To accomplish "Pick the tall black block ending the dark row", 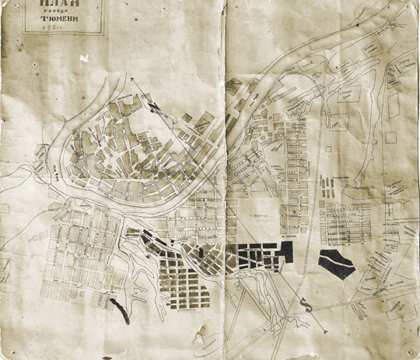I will point(287,253).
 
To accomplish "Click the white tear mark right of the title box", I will point(85,58).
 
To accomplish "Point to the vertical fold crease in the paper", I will point(225,179).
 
